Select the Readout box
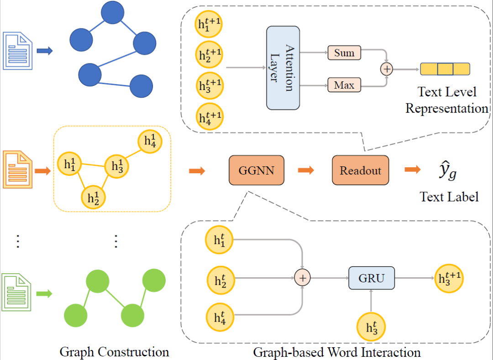click(x=360, y=171)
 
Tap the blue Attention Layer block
click(x=283, y=68)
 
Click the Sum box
click(x=344, y=53)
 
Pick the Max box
click(x=344, y=85)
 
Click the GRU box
click(x=371, y=278)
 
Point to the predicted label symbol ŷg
click(x=447, y=172)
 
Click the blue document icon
click(x=18, y=50)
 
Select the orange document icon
click(x=18, y=170)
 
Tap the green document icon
click(x=18, y=292)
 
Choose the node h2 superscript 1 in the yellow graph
click(x=94, y=197)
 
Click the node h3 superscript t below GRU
click(x=371, y=327)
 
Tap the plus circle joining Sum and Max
click(x=387, y=69)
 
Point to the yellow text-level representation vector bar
click(x=445, y=69)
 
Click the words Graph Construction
click(x=114, y=352)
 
